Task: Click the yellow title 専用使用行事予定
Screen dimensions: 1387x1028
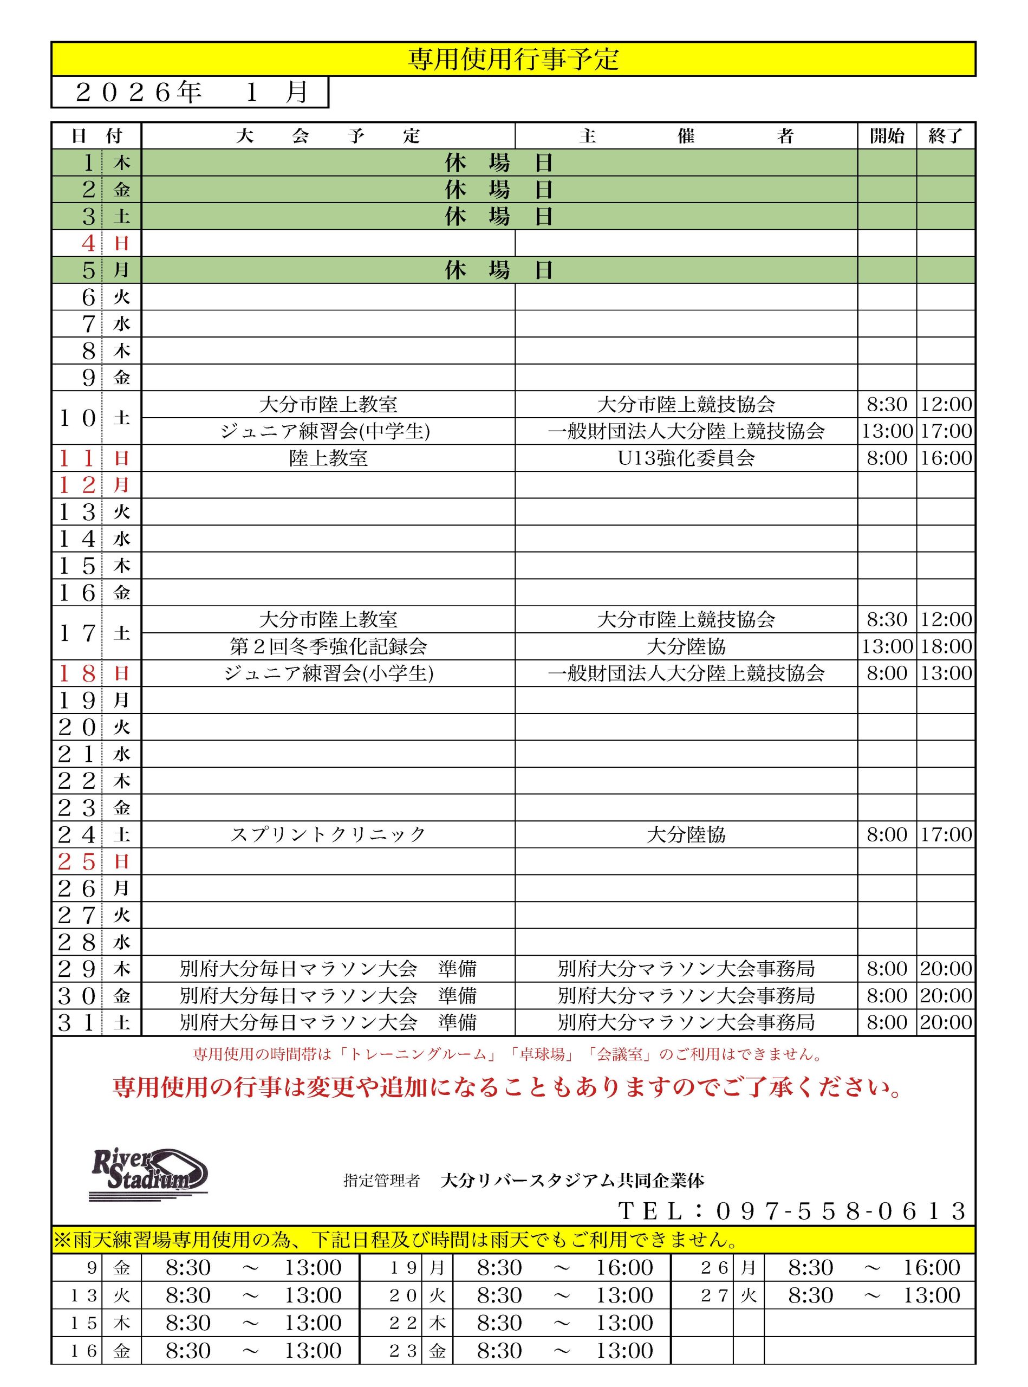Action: [x=513, y=59]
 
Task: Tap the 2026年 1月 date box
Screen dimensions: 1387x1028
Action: [x=190, y=92]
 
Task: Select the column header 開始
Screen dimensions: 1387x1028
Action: [x=886, y=135]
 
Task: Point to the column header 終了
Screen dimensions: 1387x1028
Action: [x=945, y=135]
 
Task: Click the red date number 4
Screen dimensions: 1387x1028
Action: [x=88, y=243]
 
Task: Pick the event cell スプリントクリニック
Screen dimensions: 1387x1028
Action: [x=328, y=834]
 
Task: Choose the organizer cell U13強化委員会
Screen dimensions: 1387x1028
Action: [x=686, y=458]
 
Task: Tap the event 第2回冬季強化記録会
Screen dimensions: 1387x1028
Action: [x=328, y=646]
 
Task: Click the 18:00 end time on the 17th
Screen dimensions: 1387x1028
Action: [x=946, y=646]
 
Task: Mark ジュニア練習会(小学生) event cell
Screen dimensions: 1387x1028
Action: [x=328, y=673]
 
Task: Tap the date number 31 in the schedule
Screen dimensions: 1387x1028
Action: [x=76, y=1023]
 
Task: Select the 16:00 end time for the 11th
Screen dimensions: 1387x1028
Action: [x=946, y=458]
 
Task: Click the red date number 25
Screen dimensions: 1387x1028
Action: [x=76, y=861]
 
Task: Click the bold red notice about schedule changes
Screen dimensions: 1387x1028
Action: [x=507, y=1087]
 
